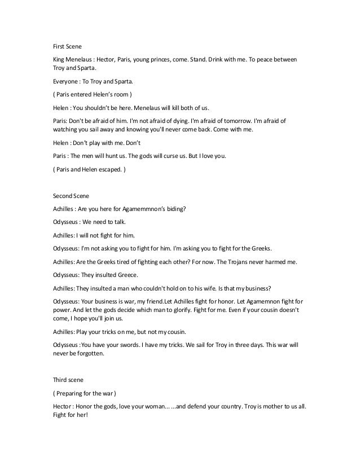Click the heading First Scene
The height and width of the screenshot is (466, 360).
[x=66, y=46]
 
